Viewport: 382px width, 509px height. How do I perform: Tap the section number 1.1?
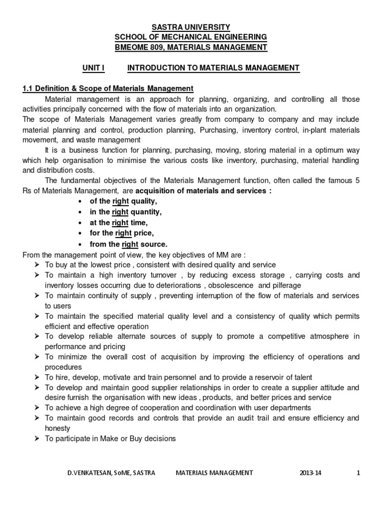pos(28,88)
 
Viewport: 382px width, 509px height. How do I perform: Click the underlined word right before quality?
pos(120,201)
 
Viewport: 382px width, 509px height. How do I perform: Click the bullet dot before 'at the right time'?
pos(81,223)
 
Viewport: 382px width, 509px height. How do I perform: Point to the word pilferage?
pos(286,285)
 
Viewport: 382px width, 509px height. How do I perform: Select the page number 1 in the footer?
pos(358,473)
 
